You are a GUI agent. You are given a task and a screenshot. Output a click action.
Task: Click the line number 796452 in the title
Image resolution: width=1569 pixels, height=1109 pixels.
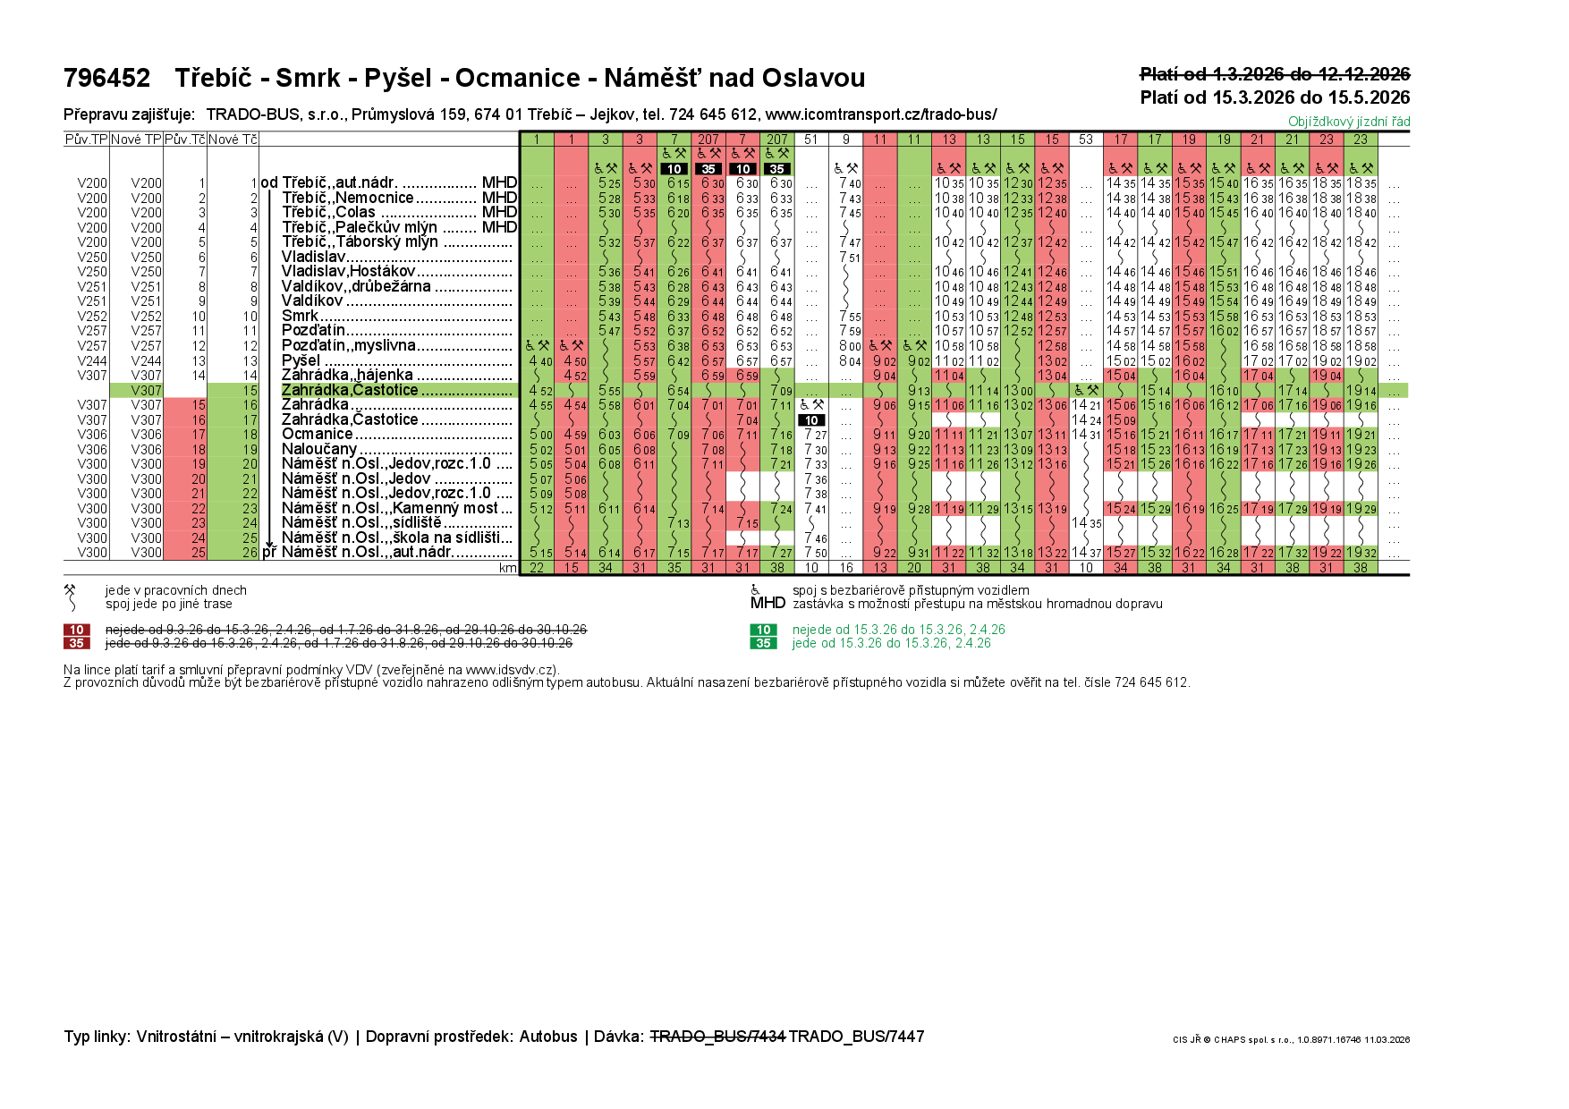tap(106, 79)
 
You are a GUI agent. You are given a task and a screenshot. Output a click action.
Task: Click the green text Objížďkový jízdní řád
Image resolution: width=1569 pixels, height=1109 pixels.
tap(1348, 122)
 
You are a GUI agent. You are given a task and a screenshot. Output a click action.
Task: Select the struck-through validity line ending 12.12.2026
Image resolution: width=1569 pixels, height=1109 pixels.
tap(1274, 74)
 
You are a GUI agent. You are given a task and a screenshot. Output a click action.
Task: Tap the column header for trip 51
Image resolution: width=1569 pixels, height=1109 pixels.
tap(811, 140)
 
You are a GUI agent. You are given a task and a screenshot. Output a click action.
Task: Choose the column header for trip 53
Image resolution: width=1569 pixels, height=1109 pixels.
tap(1085, 140)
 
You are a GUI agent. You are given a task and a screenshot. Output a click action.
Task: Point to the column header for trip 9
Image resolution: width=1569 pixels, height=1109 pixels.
tap(846, 140)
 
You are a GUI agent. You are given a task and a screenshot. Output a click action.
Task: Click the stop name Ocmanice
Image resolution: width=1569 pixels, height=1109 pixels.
tap(317, 434)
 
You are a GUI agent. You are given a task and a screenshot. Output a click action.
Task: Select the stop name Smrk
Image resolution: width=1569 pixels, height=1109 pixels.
tap(300, 316)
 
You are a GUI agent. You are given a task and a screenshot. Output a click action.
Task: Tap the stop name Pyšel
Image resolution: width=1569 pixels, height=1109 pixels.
tap(301, 360)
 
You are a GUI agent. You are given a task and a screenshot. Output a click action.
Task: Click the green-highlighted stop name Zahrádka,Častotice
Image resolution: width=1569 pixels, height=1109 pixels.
tap(350, 390)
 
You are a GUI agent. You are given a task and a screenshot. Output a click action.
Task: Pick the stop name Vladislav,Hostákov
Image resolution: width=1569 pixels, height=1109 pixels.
tap(348, 271)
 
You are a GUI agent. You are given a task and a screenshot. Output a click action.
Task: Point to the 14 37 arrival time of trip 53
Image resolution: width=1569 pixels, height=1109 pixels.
tap(1086, 553)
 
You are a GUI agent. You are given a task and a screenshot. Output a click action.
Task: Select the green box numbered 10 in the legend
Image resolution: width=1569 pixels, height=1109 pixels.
tap(763, 630)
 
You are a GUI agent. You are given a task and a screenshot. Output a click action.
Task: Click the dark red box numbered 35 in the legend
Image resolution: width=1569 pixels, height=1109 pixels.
tap(76, 643)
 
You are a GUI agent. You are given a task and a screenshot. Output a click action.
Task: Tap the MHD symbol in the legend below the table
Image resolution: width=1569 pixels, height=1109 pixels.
tap(768, 603)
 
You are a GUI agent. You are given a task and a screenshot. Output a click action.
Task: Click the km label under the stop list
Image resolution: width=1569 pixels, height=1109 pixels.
tap(508, 568)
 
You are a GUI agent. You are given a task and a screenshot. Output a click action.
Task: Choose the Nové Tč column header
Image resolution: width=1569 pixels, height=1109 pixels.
tap(233, 140)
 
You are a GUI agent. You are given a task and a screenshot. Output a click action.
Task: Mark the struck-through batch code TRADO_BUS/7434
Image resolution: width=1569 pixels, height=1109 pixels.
tap(717, 1037)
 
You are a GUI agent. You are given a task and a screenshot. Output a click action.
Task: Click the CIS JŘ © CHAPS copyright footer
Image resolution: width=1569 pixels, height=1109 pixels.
tap(1291, 1039)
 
